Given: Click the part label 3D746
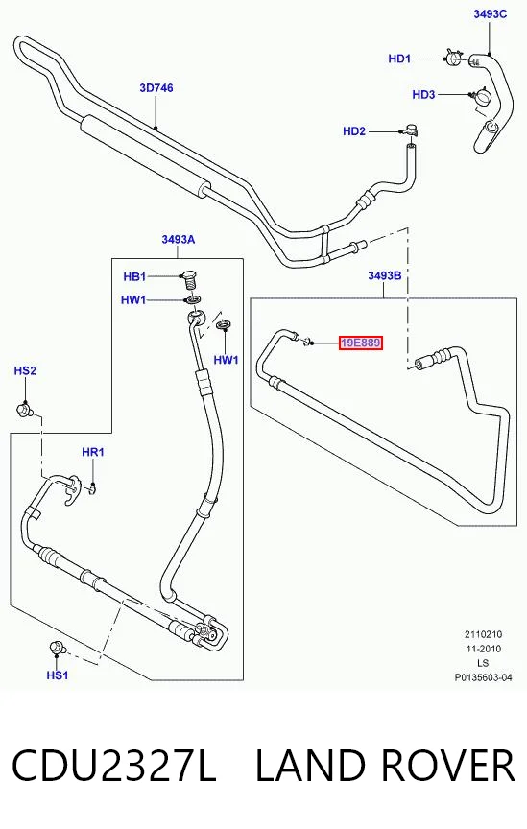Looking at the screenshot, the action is pos(156,87).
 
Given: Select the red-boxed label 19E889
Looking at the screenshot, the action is pos(360,343).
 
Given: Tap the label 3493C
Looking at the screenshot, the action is pos(490,14).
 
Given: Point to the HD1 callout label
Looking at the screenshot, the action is pos(399,59).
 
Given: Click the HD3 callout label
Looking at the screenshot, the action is pos(423,95).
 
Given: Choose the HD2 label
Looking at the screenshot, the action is pos(354,131).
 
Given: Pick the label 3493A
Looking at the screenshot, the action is pos(179,240).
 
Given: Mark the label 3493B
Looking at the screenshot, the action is pos(385,275).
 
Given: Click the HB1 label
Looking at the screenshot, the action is pos(134,276).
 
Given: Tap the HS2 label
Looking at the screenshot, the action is pos(25,370).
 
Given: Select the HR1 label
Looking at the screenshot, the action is pos(93,452).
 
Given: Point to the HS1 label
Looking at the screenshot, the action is pos(58,675).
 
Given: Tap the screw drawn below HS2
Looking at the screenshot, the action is pos(24,409).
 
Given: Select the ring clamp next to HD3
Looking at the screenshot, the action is pos(482,97).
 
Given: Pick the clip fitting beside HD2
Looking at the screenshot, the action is pos(411,129).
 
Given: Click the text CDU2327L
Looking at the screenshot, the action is pos(114,765).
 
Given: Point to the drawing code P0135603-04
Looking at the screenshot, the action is pos(483,677).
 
